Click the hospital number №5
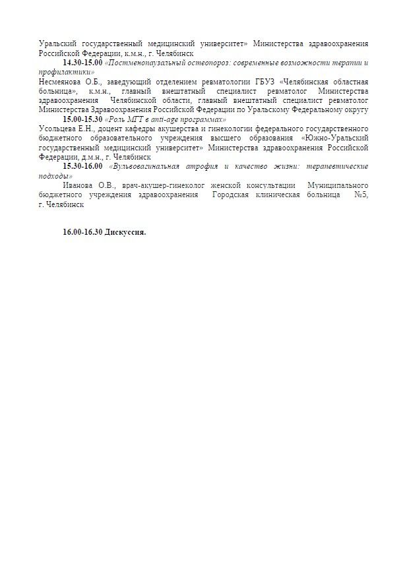(361, 195)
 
